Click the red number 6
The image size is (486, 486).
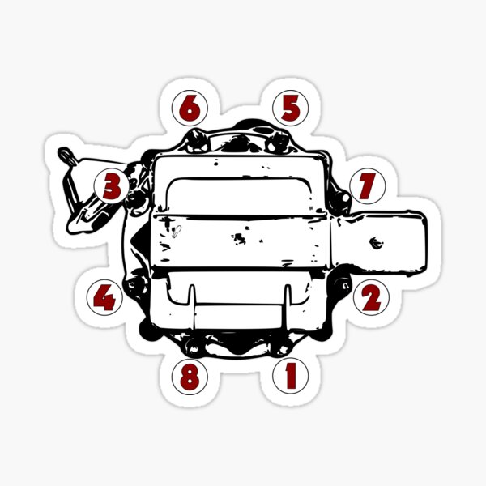coord(189,107)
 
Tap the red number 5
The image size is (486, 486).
coord(290,107)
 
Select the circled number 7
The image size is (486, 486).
coord(365,186)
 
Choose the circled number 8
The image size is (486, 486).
coord(189,376)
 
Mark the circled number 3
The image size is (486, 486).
coord(112,186)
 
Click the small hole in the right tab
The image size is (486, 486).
coord(375,241)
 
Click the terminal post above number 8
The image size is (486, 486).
coord(194,346)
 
